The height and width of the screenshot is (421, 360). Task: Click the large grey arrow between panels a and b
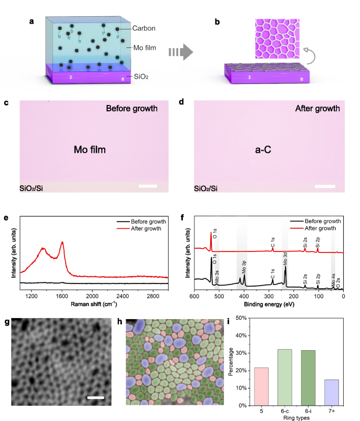click(x=179, y=52)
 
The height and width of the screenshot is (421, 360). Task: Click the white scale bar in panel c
click(x=148, y=186)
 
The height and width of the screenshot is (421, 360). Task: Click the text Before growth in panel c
click(x=131, y=109)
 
